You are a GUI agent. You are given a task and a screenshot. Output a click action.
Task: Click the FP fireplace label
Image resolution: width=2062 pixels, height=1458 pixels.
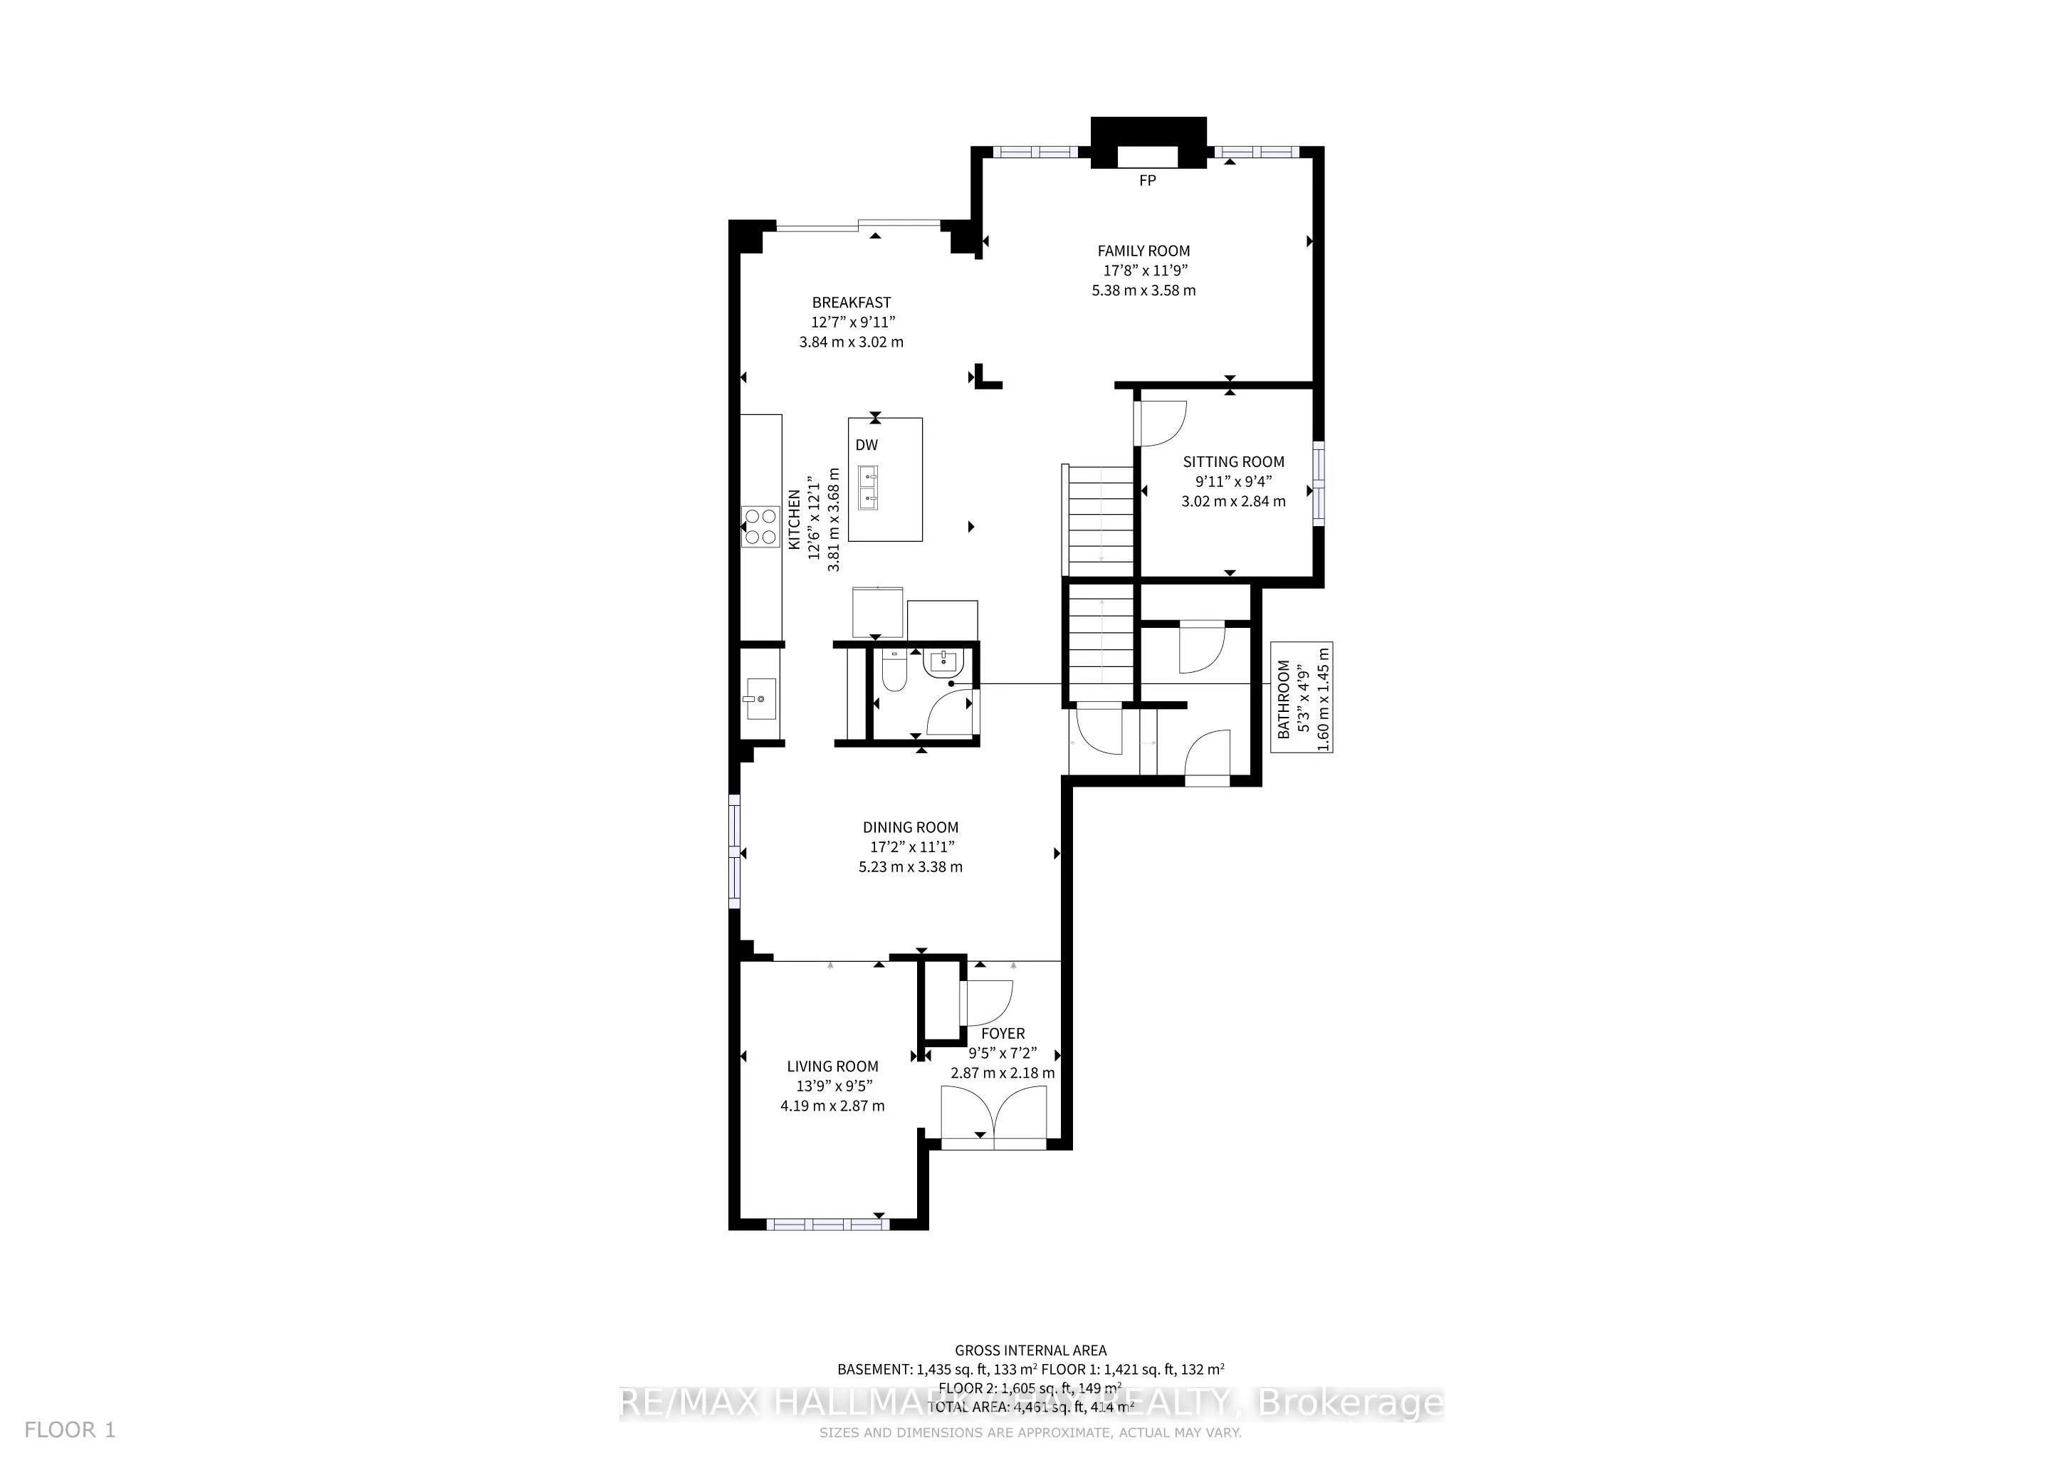[1147, 180]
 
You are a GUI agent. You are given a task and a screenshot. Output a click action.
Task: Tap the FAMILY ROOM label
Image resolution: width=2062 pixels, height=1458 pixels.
[1143, 251]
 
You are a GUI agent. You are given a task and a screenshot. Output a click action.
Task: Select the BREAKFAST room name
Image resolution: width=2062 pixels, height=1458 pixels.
[852, 303]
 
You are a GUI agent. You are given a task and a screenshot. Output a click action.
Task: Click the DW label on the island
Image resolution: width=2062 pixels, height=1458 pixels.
[866, 445]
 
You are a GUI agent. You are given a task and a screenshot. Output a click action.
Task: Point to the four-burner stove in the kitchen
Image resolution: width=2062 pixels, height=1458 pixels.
[760, 526]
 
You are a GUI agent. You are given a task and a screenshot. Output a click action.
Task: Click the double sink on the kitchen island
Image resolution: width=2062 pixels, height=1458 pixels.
[867, 488]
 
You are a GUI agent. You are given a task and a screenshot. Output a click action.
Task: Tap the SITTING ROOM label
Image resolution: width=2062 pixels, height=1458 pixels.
[1233, 461]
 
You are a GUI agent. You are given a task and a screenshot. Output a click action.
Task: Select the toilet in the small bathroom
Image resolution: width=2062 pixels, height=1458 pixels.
[891, 673]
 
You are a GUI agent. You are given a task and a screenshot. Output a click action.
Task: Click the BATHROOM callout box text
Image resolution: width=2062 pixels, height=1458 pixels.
[1283, 699]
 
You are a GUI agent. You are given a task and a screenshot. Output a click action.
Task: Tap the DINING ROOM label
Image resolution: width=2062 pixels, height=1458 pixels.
[910, 827]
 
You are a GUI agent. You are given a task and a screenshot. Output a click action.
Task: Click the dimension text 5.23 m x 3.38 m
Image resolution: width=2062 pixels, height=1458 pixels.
[910, 866]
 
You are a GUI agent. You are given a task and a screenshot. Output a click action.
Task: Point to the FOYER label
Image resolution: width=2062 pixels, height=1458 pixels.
[1003, 1034]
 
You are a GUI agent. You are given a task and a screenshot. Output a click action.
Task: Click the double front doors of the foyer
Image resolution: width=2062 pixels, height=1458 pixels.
[993, 1117]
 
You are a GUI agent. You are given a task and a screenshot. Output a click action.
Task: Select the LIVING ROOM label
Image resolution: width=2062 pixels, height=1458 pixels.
[832, 1066]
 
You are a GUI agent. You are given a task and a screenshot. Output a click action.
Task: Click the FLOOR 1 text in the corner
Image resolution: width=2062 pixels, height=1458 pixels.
[70, 1430]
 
